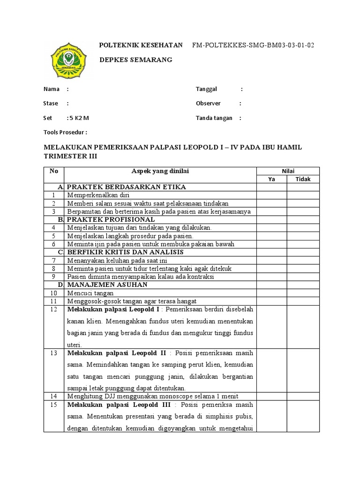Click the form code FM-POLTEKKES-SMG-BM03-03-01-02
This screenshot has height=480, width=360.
tap(253, 45)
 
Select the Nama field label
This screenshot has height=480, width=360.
tap(52, 89)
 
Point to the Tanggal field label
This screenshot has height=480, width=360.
tap(209, 89)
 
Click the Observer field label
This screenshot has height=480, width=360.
tap(208, 104)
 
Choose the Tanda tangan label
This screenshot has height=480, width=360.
tap(214, 118)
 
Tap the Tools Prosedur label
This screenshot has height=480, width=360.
tap(65, 133)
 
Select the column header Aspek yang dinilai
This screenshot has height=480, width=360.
tap(160, 171)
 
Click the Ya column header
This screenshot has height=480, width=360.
tap(271, 179)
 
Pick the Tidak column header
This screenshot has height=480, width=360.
tap(303, 179)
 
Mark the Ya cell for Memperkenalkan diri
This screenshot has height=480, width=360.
tap(271, 195)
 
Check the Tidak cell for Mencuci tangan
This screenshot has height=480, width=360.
tap(303, 293)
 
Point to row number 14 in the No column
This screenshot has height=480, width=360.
tap(53, 396)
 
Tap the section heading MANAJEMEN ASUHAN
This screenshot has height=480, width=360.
tap(107, 285)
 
